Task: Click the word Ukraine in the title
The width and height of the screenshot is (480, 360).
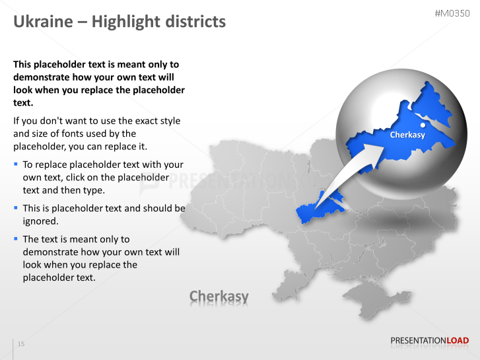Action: (x=42, y=22)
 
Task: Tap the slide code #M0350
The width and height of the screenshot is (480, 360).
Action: (x=452, y=13)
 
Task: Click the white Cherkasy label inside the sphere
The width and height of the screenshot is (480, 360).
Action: (x=407, y=135)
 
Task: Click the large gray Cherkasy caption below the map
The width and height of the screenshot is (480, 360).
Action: (x=219, y=296)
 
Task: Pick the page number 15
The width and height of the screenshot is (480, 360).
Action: (x=21, y=344)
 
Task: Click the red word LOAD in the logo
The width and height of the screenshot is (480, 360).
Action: (x=458, y=341)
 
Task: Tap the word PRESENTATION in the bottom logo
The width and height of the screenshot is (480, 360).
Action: (x=419, y=341)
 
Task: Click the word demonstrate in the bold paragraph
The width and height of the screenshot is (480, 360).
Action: (x=41, y=77)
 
